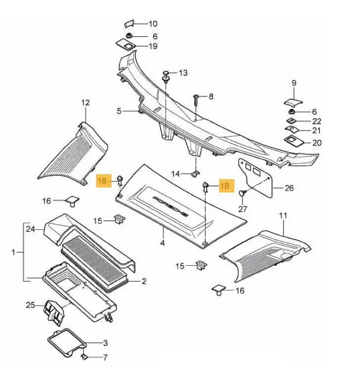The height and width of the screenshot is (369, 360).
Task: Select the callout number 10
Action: click(x=153, y=24)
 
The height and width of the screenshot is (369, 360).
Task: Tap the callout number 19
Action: click(x=153, y=47)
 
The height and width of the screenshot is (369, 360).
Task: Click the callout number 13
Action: click(x=183, y=73)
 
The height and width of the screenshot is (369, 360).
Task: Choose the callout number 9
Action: click(x=294, y=83)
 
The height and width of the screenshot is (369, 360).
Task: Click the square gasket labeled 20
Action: click(x=291, y=140)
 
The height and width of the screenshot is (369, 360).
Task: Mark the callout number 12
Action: click(x=86, y=103)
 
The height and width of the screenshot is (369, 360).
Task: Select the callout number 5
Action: click(x=119, y=111)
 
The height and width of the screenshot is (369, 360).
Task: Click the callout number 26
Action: click(x=290, y=188)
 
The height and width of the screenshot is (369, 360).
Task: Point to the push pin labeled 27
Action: click(x=242, y=193)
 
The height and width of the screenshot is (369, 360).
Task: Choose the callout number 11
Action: click(x=283, y=215)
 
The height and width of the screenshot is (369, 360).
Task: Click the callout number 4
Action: click(x=163, y=243)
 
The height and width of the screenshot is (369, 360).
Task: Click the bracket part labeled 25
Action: click(x=52, y=310)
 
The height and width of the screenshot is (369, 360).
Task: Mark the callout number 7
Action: click(x=105, y=358)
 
